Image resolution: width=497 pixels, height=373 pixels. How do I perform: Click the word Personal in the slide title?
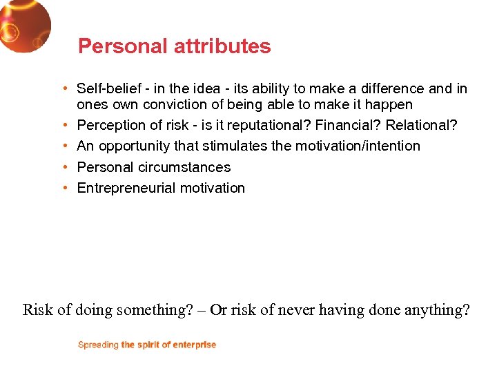[112, 46]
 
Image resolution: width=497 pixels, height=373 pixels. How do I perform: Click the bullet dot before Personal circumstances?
[64, 167]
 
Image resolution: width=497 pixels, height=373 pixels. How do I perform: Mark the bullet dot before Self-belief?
[64, 88]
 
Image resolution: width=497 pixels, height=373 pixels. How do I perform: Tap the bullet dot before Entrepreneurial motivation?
[64, 188]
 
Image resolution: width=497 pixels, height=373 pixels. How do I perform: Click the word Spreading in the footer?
[98, 345]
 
